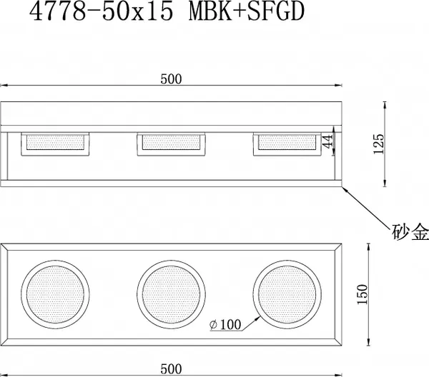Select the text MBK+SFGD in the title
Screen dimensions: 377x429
click(x=235, y=13)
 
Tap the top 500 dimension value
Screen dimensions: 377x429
click(x=172, y=80)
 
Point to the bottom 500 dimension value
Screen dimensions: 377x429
click(x=172, y=368)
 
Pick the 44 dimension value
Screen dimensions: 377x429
click(x=328, y=142)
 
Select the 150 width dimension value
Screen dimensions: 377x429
click(x=363, y=293)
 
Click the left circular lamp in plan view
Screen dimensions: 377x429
click(x=56, y=293)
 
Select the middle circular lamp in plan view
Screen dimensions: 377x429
click(x=172, y=293)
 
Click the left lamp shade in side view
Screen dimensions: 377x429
click(x=56, y=143)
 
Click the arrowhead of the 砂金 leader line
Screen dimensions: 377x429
click(x=345, y=187)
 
